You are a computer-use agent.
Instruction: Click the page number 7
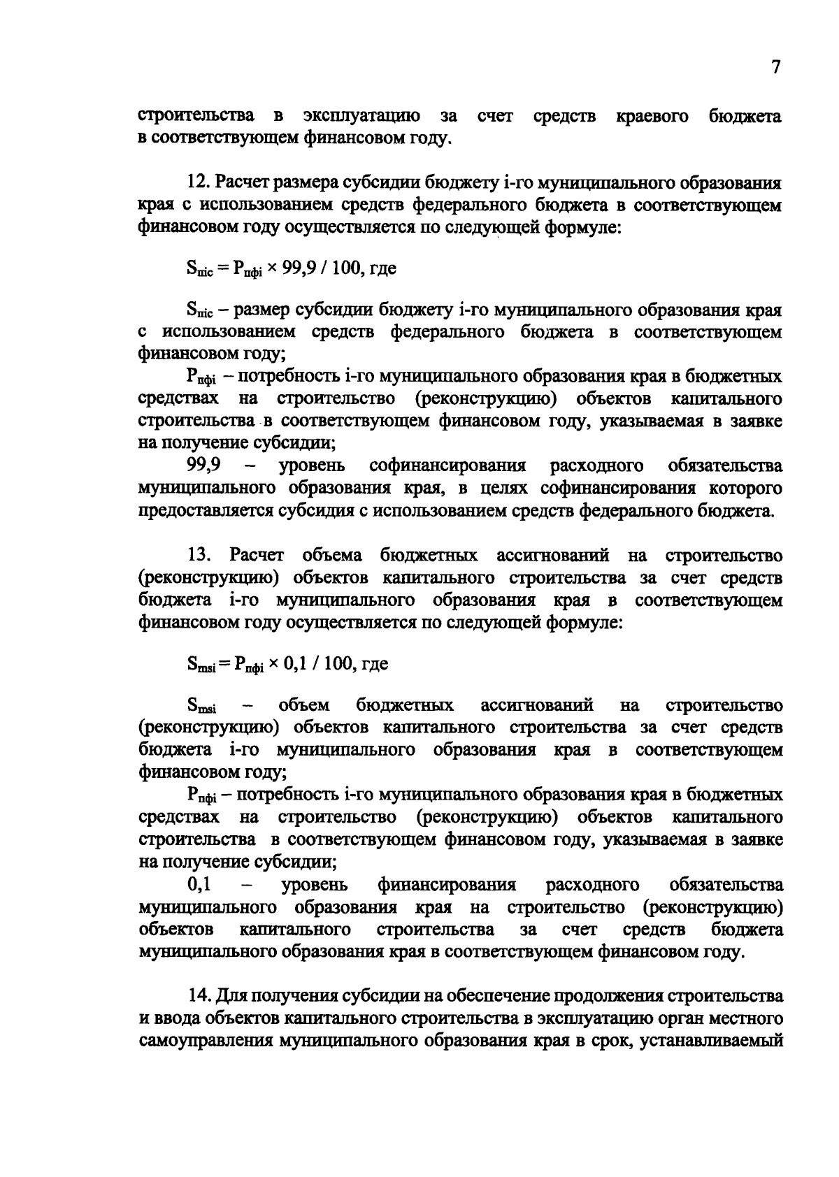coord(775,67)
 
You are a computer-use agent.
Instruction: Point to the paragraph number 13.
coord(198,556)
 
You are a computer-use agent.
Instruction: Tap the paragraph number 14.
coord(198,995)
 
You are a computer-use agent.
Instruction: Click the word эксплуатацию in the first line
coord(361,116)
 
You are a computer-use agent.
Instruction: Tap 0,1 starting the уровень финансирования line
coord(199,885)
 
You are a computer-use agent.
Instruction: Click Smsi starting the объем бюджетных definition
coord(201,707)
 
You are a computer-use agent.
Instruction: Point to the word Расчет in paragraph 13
coord(257,556)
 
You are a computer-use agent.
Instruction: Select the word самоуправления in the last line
coord(204,1040)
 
